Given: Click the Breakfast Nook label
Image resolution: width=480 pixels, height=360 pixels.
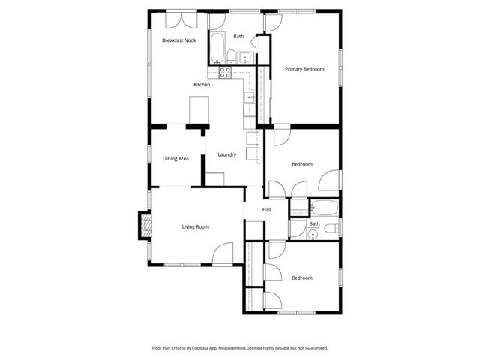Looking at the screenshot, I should [x=179, y=40].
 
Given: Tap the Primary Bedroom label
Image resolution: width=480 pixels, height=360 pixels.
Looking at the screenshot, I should [x=304, y=69].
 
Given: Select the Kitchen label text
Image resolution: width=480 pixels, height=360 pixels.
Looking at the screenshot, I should [x=202, y=85].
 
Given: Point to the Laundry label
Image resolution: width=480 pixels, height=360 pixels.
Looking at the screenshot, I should [x=227, y=155].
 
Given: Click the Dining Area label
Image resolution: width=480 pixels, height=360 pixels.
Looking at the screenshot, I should [x=175, y=158].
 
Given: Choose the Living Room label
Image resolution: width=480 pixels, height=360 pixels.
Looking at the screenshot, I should [x=196, y=226].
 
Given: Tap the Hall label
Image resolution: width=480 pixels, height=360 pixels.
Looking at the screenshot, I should [x=266, y=210].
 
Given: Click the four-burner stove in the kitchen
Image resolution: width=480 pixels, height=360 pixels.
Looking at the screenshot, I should [x=225, y=72].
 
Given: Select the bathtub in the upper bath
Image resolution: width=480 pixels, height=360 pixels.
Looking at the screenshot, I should [x=216, y=48].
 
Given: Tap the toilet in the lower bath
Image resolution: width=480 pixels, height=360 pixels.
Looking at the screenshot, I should [x=335, y=229].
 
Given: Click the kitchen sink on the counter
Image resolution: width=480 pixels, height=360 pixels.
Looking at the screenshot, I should [x=250, y=97].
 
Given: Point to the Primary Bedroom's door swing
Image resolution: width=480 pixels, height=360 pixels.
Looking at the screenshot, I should [x=272, y=21].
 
